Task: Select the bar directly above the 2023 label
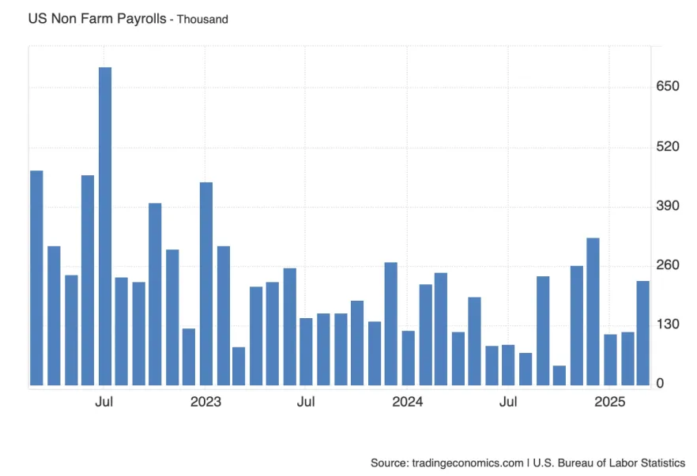[206, 284]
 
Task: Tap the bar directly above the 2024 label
[408, 358]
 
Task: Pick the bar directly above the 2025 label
[610, 360]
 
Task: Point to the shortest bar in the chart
[559, 376]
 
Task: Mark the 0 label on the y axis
[660, 384]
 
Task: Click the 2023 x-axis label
[205, 402]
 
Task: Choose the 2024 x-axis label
[408, 402]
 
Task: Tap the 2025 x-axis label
[610, 402]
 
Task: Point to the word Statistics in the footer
[661, 463]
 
